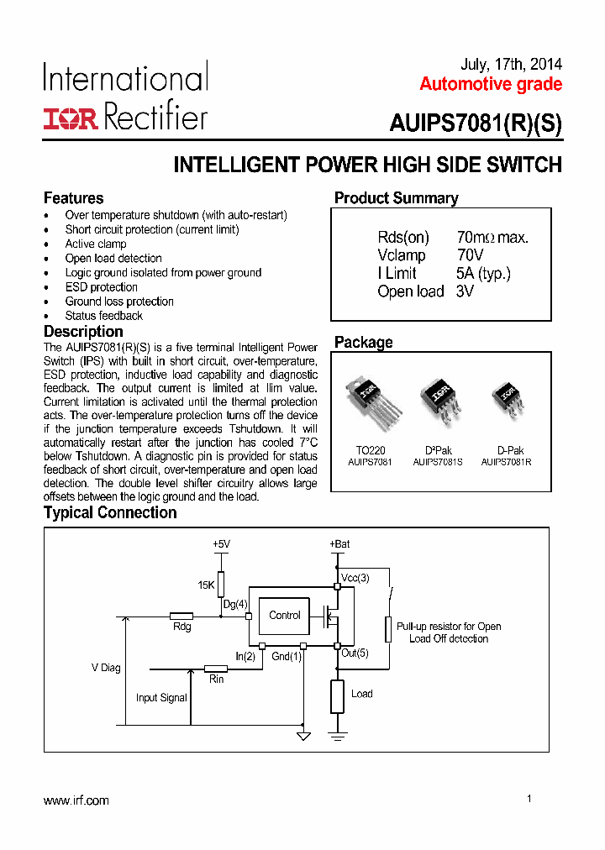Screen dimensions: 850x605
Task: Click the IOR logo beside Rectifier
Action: pos(71,118)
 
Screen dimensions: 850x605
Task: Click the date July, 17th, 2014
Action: pos(512,65)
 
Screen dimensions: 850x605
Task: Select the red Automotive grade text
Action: pos(491,84)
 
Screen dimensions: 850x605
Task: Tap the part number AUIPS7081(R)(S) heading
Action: pos(475,124)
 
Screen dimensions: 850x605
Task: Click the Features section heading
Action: pos(74,198)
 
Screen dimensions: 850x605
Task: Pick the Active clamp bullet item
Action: pos(96,244)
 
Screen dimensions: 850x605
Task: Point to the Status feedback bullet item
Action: pos(103,316)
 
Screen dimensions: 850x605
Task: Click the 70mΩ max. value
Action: pos(492,238)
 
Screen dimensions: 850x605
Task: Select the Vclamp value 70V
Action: pos(471,255)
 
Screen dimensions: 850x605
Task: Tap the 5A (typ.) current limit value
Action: pos(483,273)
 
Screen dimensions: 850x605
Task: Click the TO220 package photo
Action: pos(372,401)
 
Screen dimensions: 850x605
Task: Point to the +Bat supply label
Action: pos(339,544)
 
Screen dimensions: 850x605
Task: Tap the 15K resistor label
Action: pos(207,584)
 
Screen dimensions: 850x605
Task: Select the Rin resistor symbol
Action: pos(216,669)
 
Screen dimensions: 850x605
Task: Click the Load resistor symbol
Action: pos(337,696)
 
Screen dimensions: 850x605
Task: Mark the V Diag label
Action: pos(106,669)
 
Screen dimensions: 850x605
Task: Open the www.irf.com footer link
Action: pos(76,800)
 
